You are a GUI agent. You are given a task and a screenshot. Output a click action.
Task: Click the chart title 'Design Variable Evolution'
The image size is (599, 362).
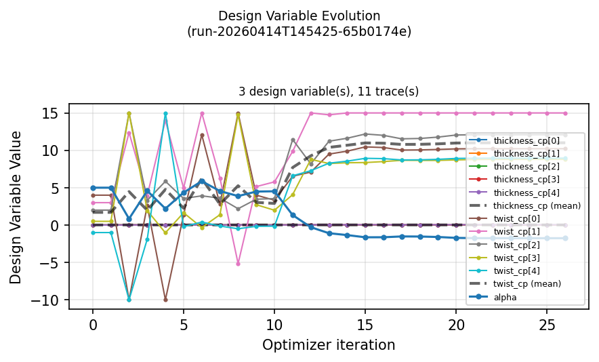click(x=299, y=16)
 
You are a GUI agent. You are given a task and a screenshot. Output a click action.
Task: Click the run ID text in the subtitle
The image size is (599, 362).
click(x=299, y=31)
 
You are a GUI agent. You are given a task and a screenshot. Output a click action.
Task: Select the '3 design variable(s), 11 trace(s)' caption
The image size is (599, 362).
click(x=329, y=91)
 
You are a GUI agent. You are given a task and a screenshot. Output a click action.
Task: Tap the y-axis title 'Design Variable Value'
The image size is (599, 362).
click(x=16, y=207)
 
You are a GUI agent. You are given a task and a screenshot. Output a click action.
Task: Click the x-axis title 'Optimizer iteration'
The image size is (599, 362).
click(x=329, y=345)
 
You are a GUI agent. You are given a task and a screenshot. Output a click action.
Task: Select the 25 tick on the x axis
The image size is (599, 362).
click(x=548, y=324)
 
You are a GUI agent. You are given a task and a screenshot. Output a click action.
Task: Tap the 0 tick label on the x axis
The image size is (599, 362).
click(x=93, y=324)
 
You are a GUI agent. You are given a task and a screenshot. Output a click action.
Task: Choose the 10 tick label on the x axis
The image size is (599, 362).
click(x=274, y=324)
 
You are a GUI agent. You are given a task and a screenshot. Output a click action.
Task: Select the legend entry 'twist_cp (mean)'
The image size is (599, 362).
click(x=521, y=283)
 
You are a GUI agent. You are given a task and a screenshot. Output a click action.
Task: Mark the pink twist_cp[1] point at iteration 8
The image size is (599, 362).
click(x=238, y=263)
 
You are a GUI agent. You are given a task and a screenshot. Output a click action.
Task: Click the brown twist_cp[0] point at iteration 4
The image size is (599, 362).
click(x=165, y=300)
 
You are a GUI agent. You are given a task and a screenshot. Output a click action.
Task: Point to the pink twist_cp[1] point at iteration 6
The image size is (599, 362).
click(x=202, y=113)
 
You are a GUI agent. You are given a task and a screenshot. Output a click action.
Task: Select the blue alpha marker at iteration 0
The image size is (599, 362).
click(x=93, y=188)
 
